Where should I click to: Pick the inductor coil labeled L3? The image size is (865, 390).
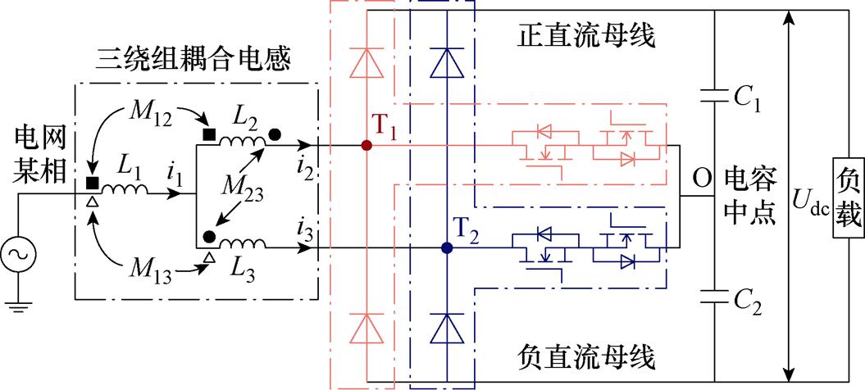point(245,243)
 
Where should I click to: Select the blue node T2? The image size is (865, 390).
point(446,247)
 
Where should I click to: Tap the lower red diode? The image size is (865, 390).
point(366,328)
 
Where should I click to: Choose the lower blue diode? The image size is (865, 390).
point(446,328)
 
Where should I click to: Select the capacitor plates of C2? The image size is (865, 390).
point(715,295)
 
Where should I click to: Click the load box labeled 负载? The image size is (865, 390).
point(848,195)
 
